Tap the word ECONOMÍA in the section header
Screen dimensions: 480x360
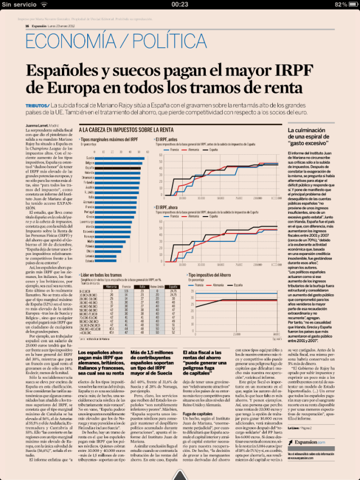coord(66,43)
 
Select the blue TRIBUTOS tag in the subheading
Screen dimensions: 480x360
coord(37,105)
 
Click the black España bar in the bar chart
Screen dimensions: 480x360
coord(119,167)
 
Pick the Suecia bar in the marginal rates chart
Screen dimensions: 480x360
coord(121,158)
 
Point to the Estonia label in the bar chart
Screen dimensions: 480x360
coord(89,261)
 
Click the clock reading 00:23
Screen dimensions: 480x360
coord(180,4)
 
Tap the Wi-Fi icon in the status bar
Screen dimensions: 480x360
coord(44,4)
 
